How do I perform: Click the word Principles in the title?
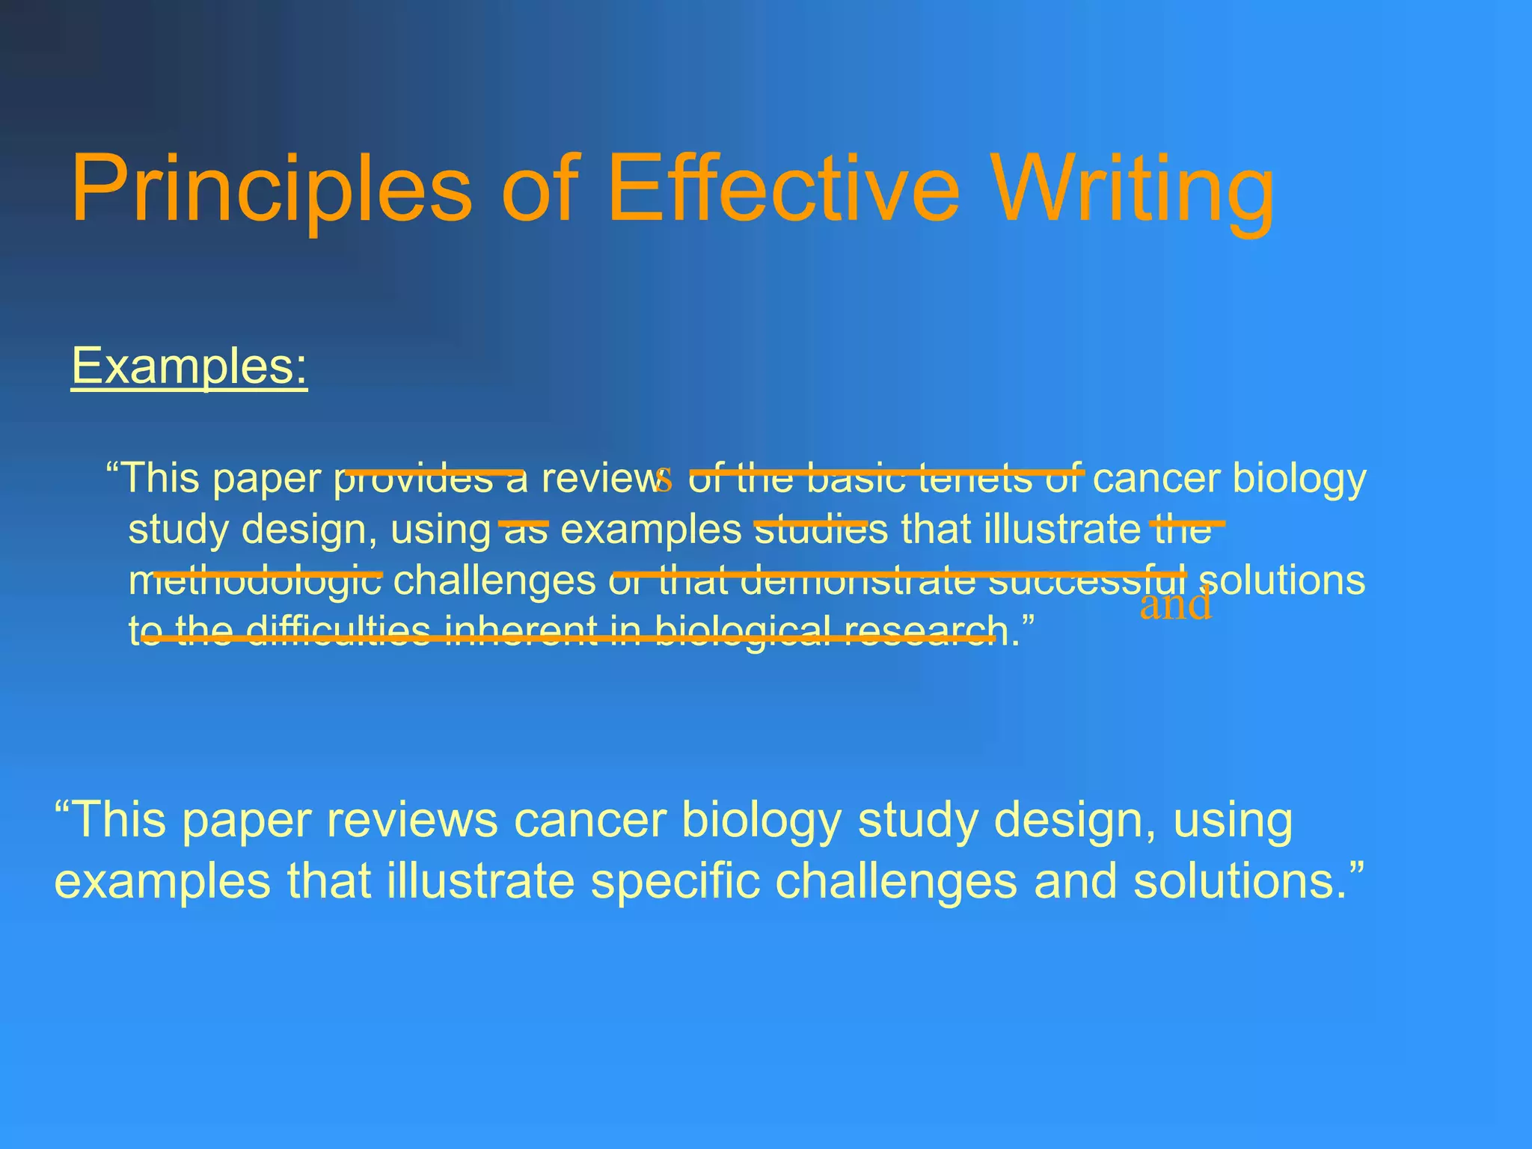tap(271, 189)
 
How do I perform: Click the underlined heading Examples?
tap(189, 366)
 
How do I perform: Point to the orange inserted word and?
tap(1175, 604)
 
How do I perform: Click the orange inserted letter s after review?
tap(664, 479)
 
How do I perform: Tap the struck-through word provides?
tap(414, 479)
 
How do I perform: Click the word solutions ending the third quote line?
tap(1282, 580)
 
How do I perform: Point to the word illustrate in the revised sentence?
tap(480, 880)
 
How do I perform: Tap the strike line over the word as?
tap(524, 523)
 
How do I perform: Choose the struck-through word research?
tap(927, 631)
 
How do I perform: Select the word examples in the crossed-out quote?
tap(651, 530)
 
